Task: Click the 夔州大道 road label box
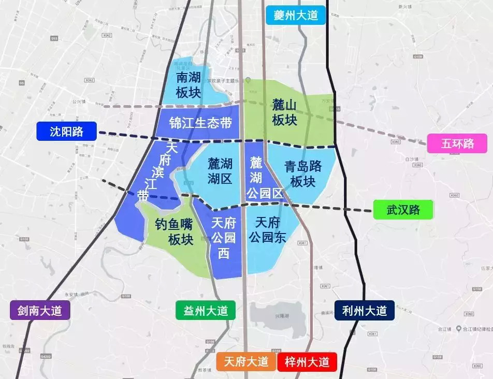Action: click(295, 15)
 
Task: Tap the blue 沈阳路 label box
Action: click(67, 132)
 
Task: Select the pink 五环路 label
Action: click(457, 143)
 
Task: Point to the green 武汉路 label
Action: click(403, 210)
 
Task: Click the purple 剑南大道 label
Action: click(39, 311)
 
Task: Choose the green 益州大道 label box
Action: click(206, 311)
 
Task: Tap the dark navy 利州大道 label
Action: click(365, 311)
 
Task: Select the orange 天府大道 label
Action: click(246, 361)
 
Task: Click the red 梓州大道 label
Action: click(307, 361)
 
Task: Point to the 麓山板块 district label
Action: click(285, 112)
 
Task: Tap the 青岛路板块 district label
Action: click(303, 174)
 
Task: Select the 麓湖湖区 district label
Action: click(220, 171)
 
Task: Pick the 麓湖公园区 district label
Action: click(264, 179)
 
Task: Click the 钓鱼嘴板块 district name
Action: click(174, 231)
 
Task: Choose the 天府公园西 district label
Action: click(224, 238)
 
